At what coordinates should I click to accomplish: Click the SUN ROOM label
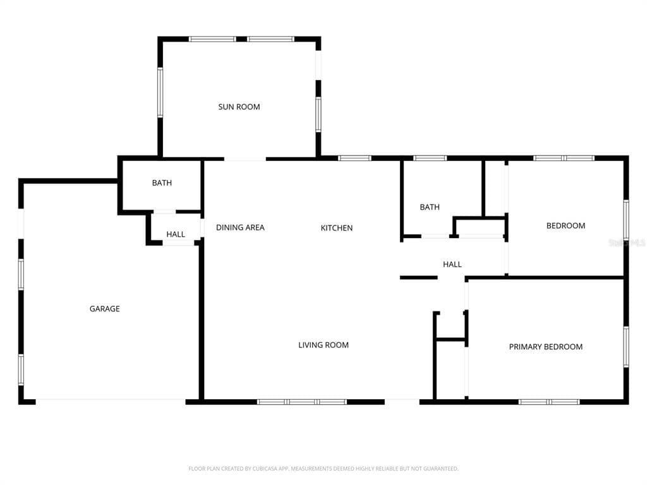[239, 107]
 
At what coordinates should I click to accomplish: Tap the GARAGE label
[104, 309]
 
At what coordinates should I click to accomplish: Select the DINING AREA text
[240, 227]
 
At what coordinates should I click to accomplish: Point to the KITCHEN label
[337, 228]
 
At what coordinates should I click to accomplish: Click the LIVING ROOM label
[323, 345]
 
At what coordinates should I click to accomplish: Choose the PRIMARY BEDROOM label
[546, 347]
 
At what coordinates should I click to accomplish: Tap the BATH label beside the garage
[162, 183]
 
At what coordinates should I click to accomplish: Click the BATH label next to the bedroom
[430, 207]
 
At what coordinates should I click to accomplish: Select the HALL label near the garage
[176, 234]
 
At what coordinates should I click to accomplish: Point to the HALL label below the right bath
[452, 265]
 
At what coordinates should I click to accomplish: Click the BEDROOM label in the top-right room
[565, 225]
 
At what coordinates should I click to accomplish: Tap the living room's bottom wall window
[302, 402]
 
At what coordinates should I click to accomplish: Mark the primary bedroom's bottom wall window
[549, 402]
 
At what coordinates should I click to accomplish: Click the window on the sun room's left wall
[160, 92]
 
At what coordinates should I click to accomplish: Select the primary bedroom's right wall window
[626, 346]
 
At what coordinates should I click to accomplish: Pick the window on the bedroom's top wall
[564, 158]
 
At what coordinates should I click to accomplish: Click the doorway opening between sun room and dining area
[245, 159]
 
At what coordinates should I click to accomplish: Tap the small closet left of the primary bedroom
[450, 370]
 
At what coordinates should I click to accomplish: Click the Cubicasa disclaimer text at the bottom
[323, 469]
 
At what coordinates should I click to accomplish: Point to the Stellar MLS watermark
[627, 242]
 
